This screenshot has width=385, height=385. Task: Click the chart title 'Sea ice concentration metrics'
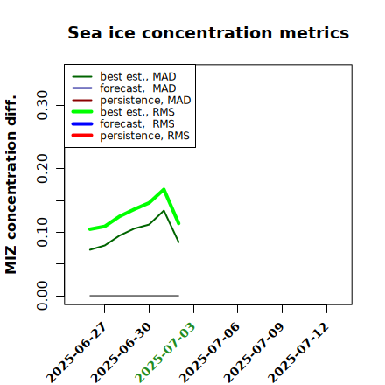208,32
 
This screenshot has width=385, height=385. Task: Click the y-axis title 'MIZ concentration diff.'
10,185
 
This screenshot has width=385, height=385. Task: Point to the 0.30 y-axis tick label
42,105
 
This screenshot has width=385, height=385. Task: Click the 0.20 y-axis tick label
42,169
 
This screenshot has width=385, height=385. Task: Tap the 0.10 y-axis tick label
42,232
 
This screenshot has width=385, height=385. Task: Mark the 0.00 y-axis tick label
42,296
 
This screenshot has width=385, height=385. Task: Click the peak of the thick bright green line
164,189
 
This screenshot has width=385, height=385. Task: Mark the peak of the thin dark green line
164,210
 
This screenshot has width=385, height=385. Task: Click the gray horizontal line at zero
134,296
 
